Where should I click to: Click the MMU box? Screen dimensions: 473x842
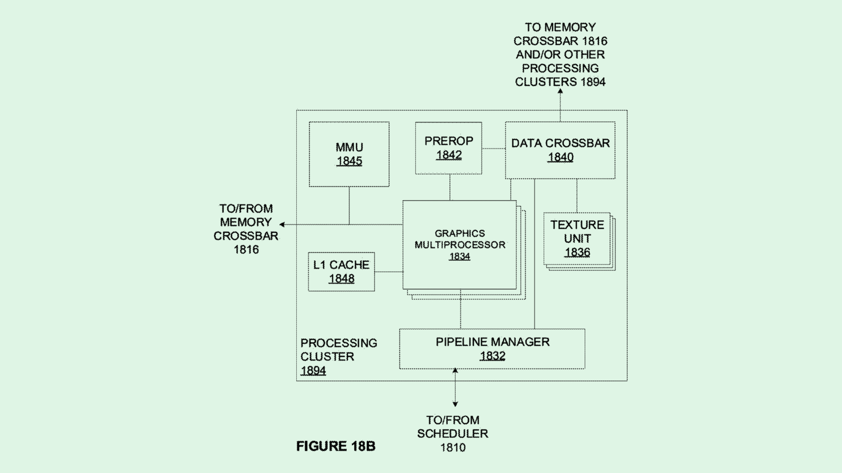click(x=349, y=154)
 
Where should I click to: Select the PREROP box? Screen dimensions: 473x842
click(x=448, y=148)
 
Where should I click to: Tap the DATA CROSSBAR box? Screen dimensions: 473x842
click(x=560, y=150)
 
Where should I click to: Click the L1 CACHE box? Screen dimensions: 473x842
click(x=341, y=272)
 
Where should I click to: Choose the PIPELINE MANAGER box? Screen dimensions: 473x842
click(x=492, y=348)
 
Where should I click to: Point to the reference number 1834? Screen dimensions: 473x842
click(x=459, y=256)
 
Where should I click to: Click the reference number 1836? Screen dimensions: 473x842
click(x=577, y=252)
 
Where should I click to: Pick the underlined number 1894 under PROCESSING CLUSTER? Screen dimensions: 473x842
click(x=313, y=371)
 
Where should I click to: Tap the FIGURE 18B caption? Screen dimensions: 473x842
click(x=336, y=446)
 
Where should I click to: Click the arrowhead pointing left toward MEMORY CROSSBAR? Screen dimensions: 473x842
click(x=283, y=224)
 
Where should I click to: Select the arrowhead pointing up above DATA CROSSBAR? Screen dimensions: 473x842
click(x=560, y=91)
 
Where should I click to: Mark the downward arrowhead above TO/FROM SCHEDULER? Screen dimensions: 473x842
click(x=455, y=404)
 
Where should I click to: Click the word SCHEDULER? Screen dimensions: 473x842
click(x=453, y=434)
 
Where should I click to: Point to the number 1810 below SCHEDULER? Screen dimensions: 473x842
click(x=453, y=447)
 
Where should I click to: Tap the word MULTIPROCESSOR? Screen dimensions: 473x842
click(x=459, y=245)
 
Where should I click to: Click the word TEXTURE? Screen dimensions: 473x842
click(x=577, y=225)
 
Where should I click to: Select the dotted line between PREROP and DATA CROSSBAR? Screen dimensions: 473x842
click(x=493, y=149)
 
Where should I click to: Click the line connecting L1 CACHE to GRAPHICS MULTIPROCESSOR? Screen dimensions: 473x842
click(x=388, y=272)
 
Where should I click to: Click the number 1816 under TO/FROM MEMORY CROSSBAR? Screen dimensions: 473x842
click(x=246, y=250)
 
